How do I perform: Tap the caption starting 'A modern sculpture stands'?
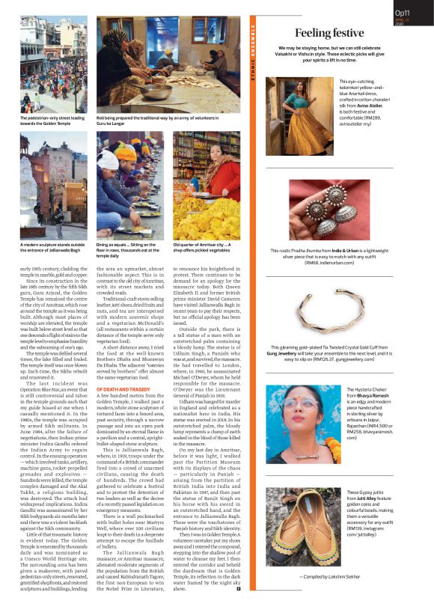[x=49, y=244]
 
